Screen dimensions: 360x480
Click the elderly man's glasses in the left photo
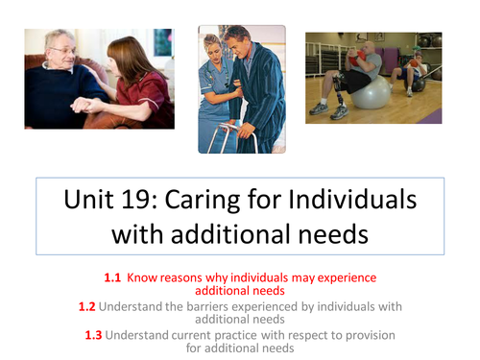[x=59, y=51]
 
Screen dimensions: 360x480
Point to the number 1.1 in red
[x=113, y=277]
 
